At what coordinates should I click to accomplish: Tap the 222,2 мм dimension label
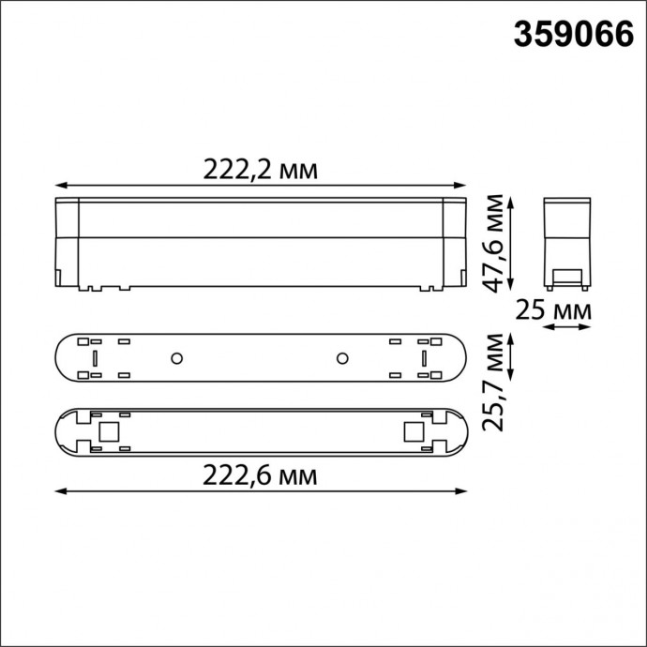(261, 170)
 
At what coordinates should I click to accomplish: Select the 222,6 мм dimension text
(261, 475)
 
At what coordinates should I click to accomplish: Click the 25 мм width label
(567, 308)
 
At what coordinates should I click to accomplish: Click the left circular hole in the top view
(175, 357)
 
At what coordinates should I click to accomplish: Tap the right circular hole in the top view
(342, 357)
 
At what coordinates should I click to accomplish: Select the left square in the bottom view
(108, 431)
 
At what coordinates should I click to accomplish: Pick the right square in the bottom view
(414, 431)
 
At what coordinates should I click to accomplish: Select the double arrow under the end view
(567, 327)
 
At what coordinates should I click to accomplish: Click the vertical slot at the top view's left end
(94, 357)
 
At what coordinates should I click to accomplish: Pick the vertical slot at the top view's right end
(424, 357)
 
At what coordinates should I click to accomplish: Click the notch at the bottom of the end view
(566, 278)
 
